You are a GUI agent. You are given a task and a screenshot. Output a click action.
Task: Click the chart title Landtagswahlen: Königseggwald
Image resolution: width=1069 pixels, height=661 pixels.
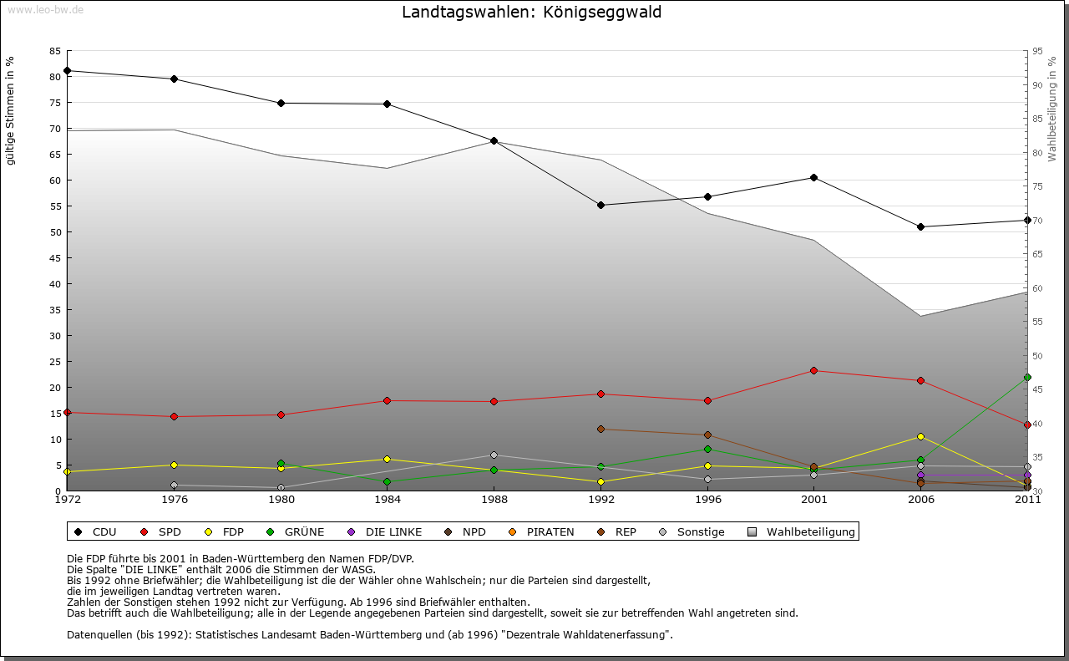[531, 12]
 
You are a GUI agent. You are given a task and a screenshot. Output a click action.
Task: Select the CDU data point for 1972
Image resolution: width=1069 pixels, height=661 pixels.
[67, 70]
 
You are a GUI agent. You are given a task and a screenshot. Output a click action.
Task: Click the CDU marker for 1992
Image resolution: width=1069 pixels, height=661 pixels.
[600, 205]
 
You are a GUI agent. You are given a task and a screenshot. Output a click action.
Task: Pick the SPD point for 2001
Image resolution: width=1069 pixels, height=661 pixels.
[813, 370]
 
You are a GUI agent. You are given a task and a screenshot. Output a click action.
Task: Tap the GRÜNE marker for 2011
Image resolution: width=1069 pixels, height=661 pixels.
[1027, 377]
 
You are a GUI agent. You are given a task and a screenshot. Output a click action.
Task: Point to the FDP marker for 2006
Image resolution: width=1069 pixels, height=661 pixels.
[920, 436]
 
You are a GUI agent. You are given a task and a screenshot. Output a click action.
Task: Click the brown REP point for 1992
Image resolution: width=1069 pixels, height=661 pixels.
[600, 429]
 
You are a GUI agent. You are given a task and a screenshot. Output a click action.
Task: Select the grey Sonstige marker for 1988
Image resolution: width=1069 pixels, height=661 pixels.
[494, 455]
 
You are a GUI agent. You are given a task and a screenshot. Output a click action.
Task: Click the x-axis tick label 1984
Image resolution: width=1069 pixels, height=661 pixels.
[387, 500]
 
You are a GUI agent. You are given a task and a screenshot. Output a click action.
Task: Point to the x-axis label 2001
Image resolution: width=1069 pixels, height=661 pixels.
[813, 500]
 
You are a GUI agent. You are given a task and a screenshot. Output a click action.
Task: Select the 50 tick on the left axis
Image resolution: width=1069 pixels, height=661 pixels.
[54, 231]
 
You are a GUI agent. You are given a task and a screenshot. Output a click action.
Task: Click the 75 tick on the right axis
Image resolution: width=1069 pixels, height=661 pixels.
[1037, 186]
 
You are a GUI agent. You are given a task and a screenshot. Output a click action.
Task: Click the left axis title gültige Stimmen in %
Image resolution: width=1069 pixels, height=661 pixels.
[10, 110]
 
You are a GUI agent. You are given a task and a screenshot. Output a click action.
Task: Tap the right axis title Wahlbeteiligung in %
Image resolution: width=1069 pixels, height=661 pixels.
[1051, 109]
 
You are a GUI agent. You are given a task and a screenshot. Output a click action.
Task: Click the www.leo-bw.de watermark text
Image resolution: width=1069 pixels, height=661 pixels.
[44, 9]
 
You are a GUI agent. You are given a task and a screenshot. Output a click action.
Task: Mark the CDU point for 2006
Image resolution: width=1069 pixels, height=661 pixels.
[920, 226]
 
